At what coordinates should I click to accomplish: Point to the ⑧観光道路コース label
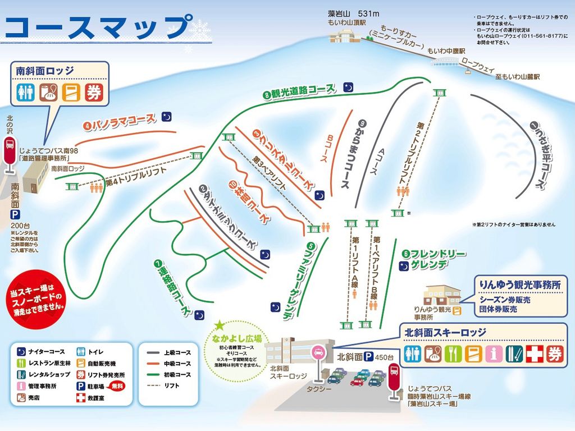coord(300,91)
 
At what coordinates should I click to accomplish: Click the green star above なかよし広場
coord(219,325)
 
